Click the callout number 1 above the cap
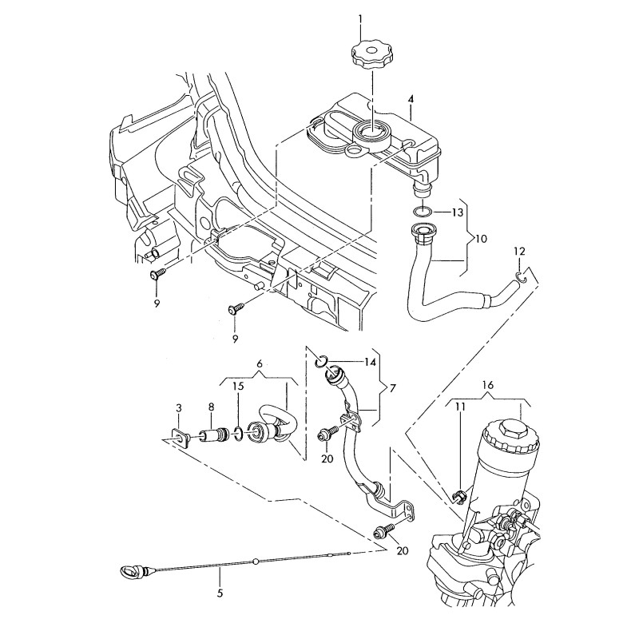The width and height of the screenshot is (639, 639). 360,18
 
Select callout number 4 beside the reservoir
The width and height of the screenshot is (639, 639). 411,99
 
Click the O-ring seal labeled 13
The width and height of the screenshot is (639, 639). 423,212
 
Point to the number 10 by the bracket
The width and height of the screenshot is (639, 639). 481,239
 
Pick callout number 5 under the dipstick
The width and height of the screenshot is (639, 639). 220,593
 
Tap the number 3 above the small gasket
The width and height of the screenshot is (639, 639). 179,408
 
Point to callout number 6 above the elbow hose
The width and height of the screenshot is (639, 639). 259,363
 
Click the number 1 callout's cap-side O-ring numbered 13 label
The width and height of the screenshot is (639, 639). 457,212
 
